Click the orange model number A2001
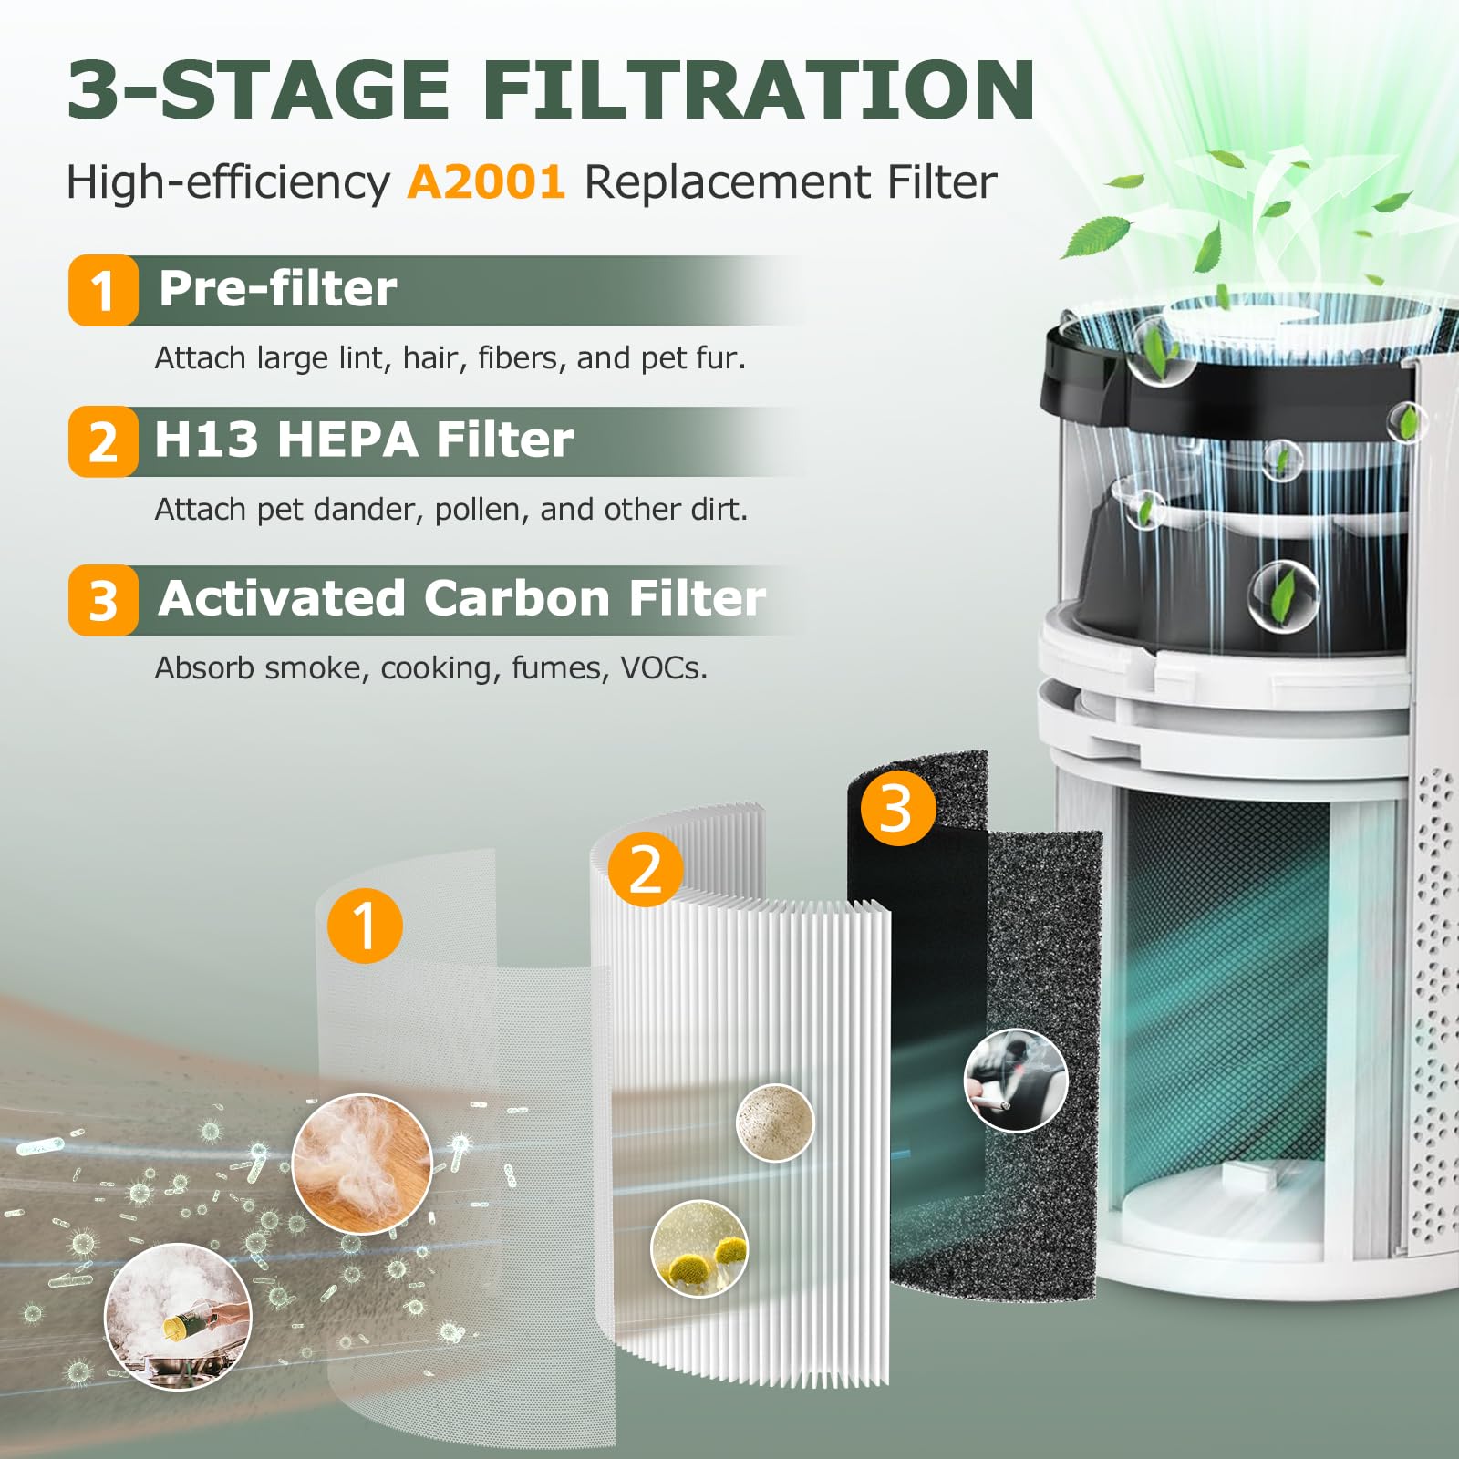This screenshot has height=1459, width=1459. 485,181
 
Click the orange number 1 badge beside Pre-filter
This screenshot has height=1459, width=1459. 103,291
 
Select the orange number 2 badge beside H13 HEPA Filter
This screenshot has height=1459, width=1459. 103,442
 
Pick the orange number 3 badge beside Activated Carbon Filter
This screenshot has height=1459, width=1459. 103,601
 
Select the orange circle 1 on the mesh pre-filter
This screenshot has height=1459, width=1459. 365,926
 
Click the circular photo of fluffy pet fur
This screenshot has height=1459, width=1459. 362,1164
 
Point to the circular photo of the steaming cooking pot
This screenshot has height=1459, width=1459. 178,1316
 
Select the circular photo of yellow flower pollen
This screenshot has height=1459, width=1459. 699,1248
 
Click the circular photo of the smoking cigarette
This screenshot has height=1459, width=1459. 1015,1081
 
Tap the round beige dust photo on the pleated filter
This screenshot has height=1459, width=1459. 775,1123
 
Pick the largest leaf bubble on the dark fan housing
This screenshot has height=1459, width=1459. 1283,595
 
